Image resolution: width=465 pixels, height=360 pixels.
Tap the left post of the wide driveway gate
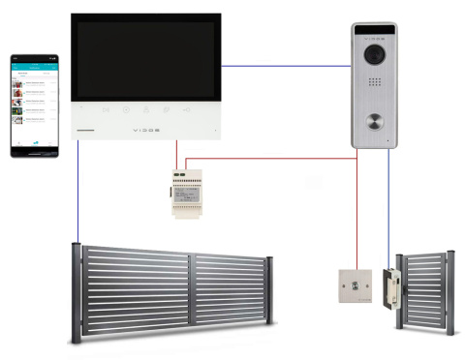(x=77, y=289)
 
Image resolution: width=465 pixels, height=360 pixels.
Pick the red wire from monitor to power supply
(x=176, y=154)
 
